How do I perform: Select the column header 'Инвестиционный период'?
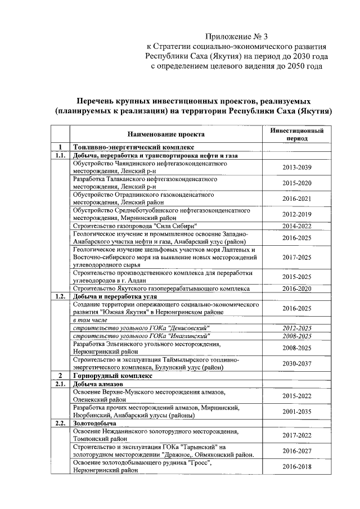click(296, 134)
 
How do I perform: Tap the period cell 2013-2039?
click(296, 168)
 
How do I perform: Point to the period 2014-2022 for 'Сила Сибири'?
click(296, 226)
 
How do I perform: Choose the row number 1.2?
click(60, 296)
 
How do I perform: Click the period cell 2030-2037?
click(296, 363)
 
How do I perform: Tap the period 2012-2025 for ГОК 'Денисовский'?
click(296, 328)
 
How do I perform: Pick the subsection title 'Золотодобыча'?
click(94, 422)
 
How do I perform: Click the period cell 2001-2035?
click(296, 411)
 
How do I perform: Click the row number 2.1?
click(60, 384)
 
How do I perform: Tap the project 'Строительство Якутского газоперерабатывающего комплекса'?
click(161, 288)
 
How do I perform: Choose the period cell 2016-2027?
click(296, 451)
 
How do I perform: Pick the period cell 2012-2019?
click(296, 214)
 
